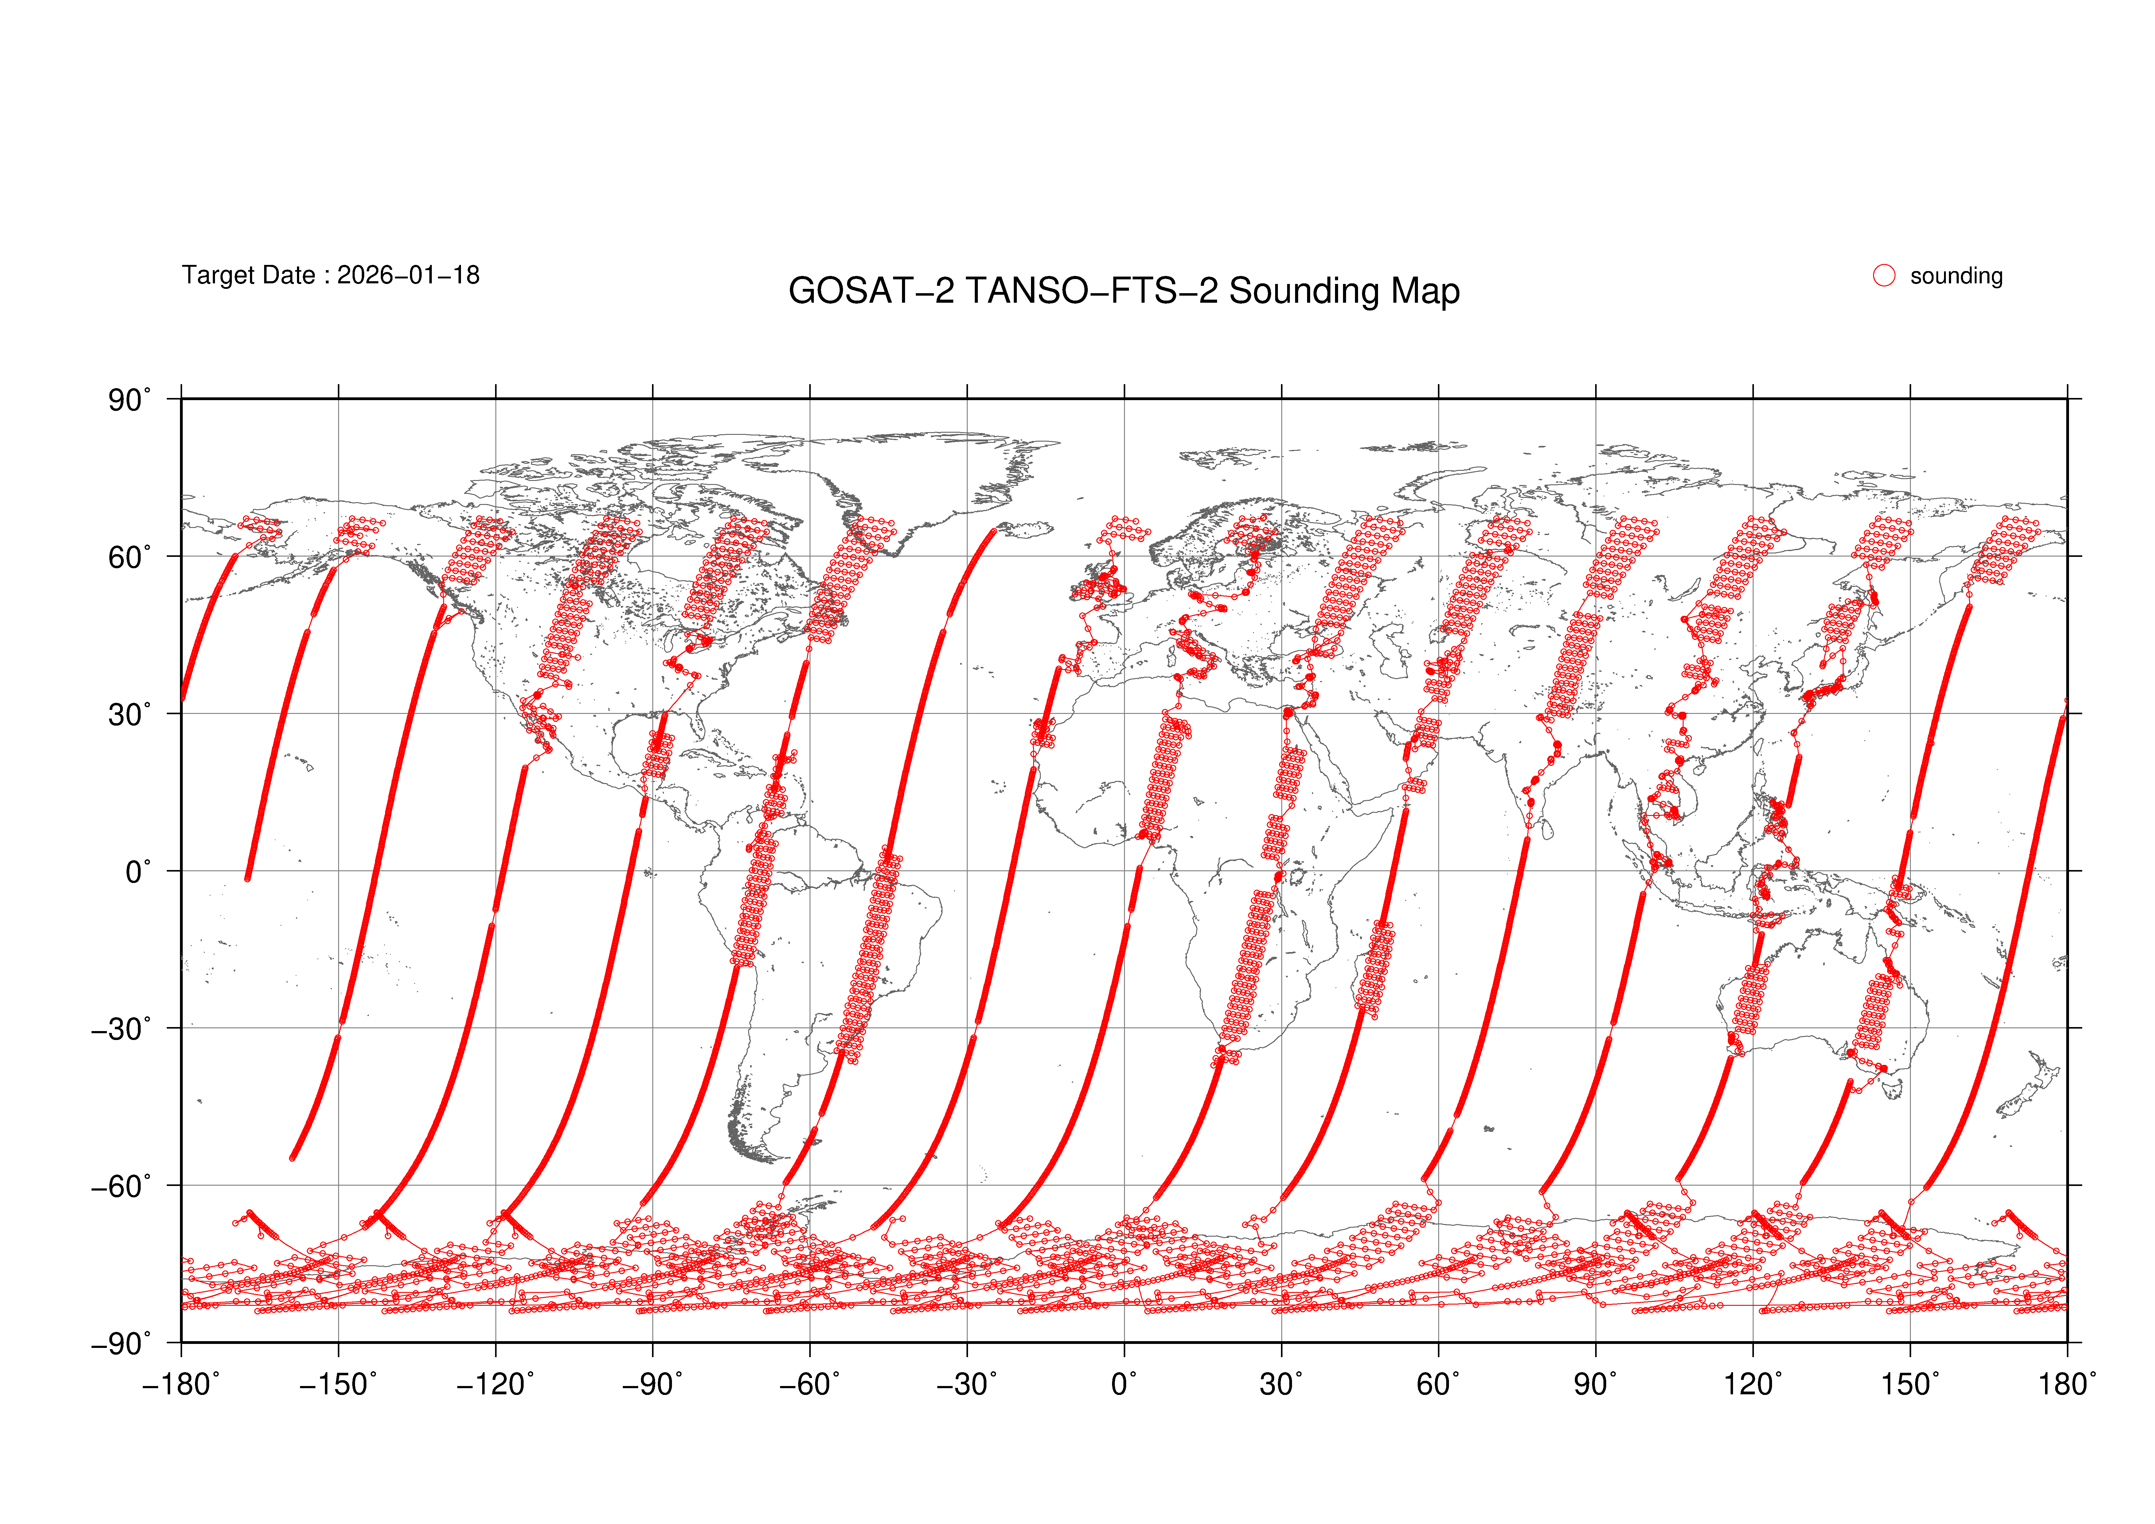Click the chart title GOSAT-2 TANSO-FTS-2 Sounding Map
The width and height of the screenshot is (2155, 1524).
click(x=1123, y=291)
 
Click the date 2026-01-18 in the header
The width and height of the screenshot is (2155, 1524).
click(x=408, y=275)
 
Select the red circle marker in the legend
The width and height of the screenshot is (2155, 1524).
click(x=1884, y=275)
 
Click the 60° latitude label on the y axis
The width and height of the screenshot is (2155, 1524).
click(x=129, y=558)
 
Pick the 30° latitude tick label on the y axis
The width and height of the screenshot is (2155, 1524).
click(x=129, y=715)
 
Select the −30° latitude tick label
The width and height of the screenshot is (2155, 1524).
click(x=120, y=1029)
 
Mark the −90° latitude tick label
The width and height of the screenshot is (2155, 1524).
click(x=120, y=1344)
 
